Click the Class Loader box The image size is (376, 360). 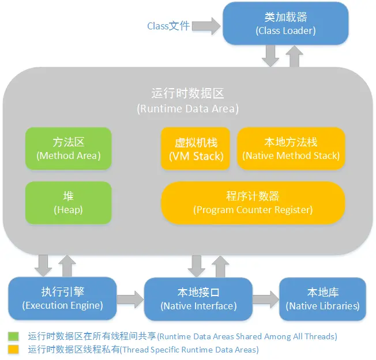(x=285, y=24)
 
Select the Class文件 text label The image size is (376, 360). (x=168, y=26)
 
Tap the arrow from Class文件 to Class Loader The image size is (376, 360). (x=206, y=26)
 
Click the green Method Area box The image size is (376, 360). (x=69, y=149)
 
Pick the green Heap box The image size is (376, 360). (x=69, y=203)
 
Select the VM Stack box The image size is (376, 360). (x=195, y=149)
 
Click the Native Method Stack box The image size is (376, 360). (x=291, y=149)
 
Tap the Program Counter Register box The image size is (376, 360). (x=253, y=203)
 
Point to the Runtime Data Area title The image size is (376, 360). (x=188, y=101)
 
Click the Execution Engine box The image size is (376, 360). (x=62, y=298)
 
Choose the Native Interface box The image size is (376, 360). (x=198, y=299)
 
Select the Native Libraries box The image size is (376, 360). (x=322, y=299)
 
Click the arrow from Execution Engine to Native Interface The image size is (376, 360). (x=130, y=300)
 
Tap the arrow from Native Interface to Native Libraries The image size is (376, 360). (x=266, y=300)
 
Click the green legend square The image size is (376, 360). (x=13, y=336)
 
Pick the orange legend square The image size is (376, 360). (x=13, y=349)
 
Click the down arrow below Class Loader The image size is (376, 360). (x=270, y=56)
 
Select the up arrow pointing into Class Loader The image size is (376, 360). (x=294, y=56)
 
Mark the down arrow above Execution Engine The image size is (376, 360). (x=43, y=266)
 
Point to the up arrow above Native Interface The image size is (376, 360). (x=220, y=267)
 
